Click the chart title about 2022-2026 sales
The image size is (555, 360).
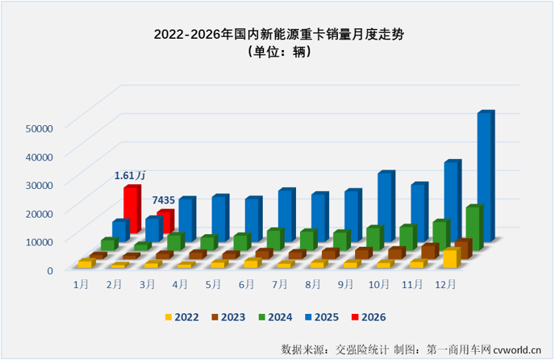pyautogui.click(x=277, y=35)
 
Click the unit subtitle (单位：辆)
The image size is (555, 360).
pyautogui.click(x=277, y=53)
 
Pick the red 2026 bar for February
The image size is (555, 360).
pyautogui.click(x=165, y=222)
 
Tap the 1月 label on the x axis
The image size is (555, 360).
pyautogui.click(x=81, y=285)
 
